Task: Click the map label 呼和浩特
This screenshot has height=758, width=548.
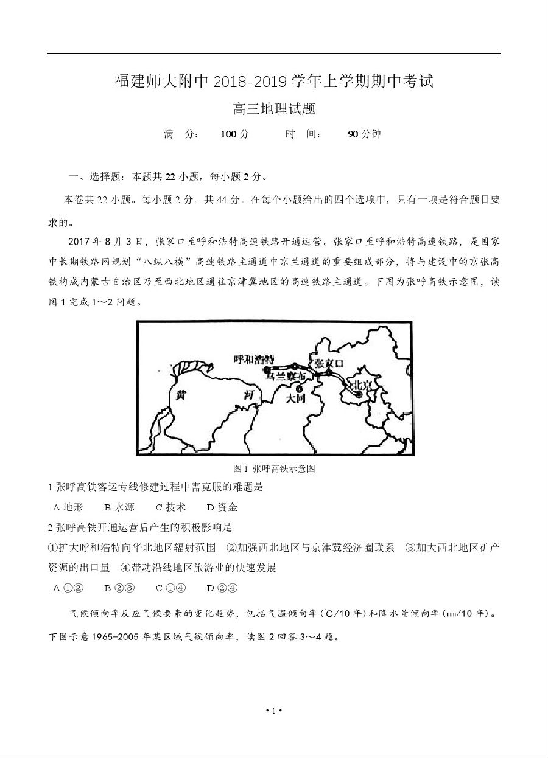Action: [254, 358]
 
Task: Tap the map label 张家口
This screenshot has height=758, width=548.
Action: [329, 363]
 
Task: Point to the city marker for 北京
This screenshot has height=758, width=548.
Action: [359, 394]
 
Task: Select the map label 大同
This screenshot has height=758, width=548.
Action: [296, 398]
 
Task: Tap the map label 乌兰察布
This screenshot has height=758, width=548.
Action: [286, 377]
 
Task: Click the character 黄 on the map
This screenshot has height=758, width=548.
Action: [181, 394]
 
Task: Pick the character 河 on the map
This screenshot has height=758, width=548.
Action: [248, 395]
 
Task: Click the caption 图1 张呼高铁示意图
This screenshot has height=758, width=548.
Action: [274, 468]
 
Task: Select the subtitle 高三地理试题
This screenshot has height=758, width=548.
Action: [274, 110]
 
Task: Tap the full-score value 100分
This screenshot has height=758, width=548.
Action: [234, 134]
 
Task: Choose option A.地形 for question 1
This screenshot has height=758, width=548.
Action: [68, 507]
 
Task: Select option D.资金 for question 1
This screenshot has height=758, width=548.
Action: [222, 507]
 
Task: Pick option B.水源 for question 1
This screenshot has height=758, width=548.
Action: [119, 507]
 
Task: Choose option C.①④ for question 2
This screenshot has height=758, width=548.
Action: [170, 588]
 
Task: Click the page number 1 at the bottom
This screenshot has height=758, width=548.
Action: [274, 727]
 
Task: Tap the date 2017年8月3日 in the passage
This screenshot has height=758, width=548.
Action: [105, 241]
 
